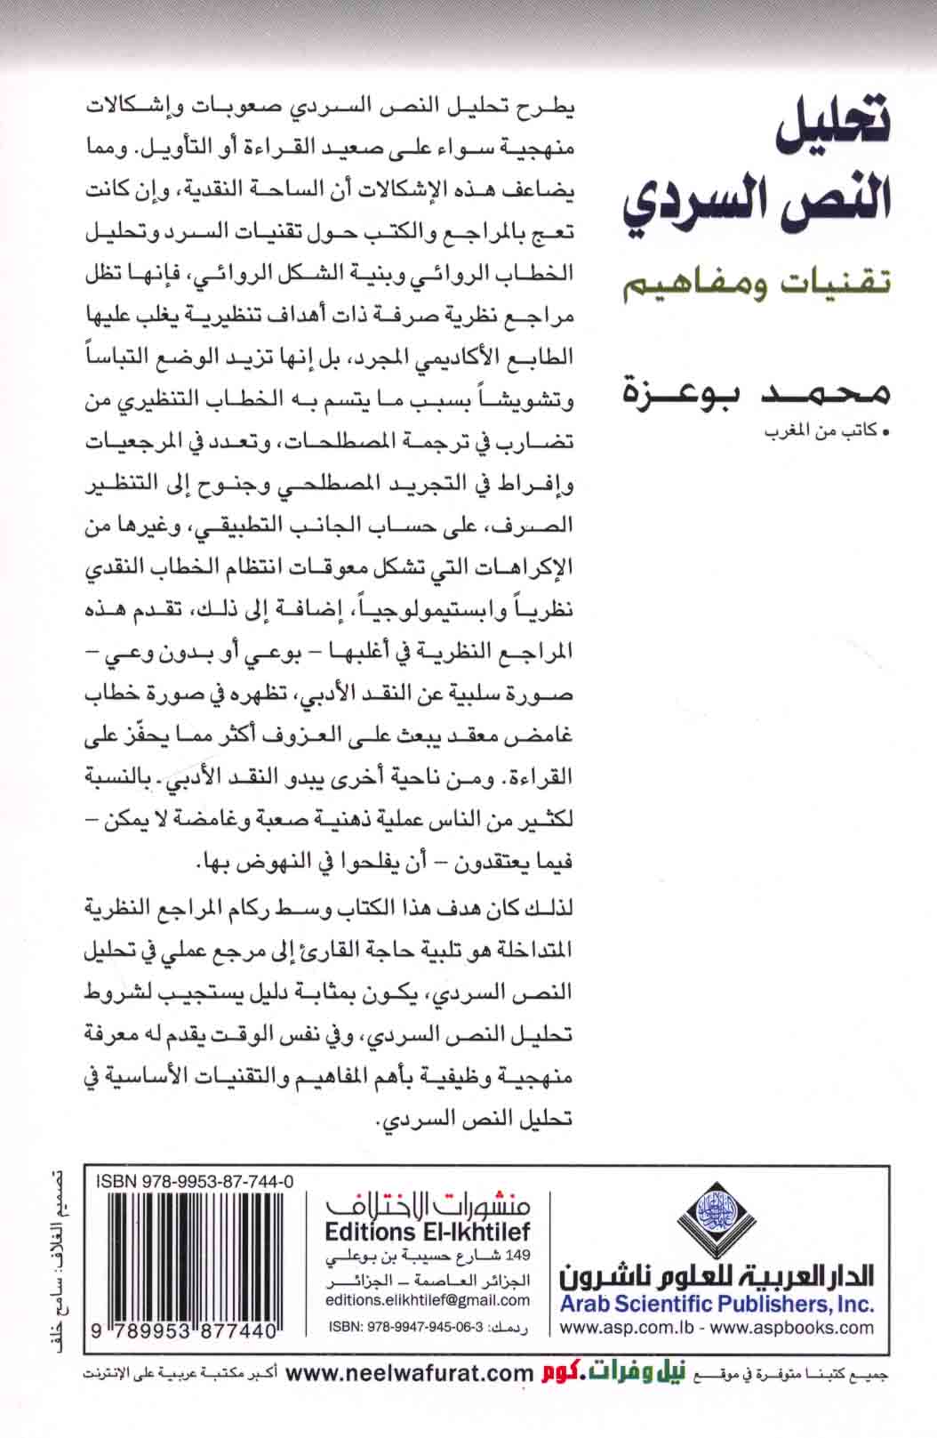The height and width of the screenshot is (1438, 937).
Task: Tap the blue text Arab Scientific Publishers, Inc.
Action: (717, 1305)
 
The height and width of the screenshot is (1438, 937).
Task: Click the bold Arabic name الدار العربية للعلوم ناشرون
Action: (717, 1277)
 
